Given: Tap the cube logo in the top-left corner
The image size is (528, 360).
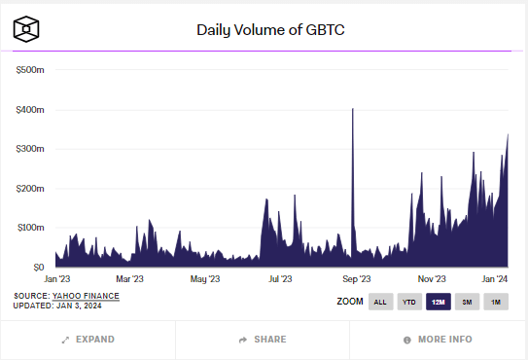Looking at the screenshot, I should (26, 29).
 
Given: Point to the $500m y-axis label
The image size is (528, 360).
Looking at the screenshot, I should (31, 70).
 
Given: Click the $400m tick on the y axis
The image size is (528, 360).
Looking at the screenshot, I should (31, 110).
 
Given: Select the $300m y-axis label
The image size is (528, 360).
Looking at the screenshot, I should (31, 149).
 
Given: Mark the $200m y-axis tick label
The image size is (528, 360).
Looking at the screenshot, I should (31, 188).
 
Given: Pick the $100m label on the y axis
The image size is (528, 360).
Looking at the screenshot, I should (31, 228).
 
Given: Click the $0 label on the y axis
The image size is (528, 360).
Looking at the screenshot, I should (37, 267).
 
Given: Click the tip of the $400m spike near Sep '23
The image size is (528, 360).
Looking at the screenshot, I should (352, 109).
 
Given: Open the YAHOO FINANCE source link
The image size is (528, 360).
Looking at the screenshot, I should (86, 295).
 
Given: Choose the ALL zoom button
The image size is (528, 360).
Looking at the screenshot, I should (381, 303).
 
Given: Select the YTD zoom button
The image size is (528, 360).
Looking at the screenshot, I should (409, 303).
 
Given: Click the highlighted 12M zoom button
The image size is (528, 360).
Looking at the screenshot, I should (439, 303).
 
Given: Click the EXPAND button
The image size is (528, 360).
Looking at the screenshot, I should (88, 340).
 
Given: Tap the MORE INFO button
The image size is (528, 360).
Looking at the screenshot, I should (438, 340).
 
